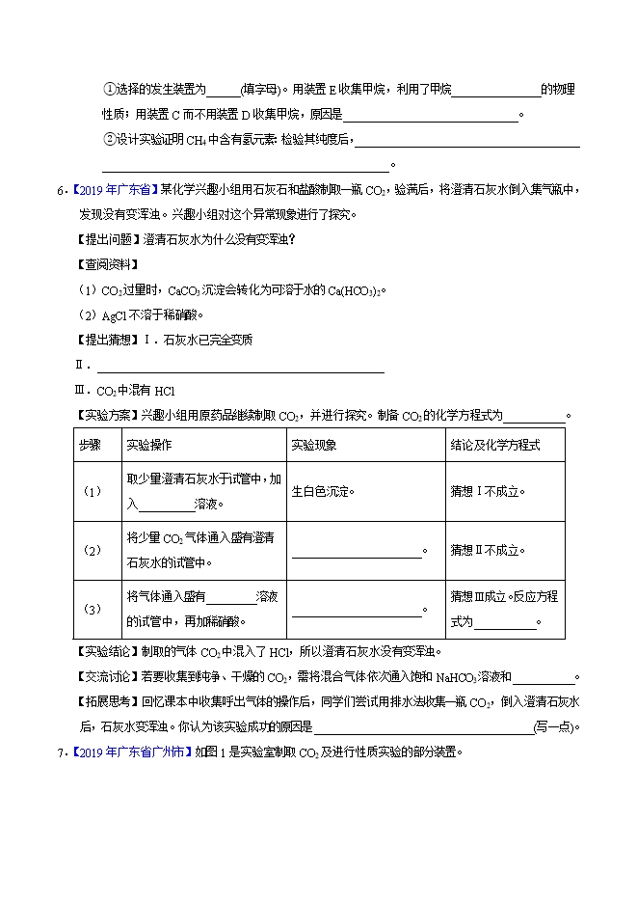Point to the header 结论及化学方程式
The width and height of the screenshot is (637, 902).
coord(494,445)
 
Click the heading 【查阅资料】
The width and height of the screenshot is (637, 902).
coord(108,263)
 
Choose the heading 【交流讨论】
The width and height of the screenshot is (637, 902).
coord(108,678)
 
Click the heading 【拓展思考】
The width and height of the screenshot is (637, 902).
coord(108,703)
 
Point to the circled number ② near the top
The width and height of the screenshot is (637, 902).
coord(109,139)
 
